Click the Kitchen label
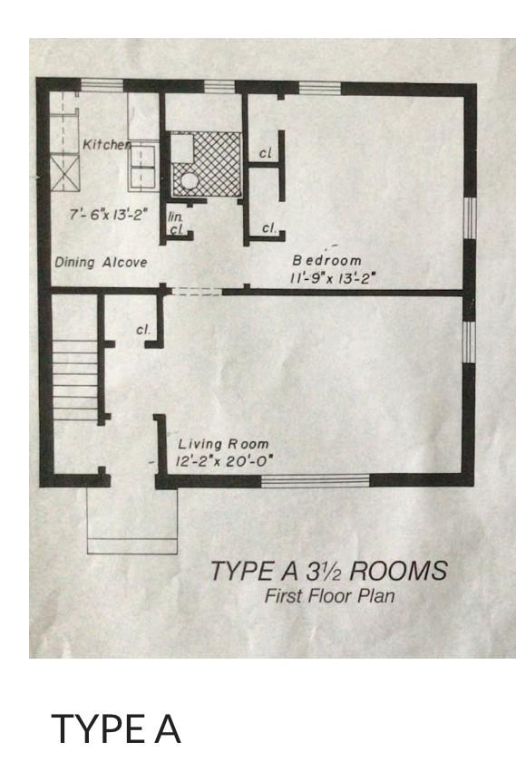pos(106,144)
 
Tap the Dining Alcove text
pos(101,262)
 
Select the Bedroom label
pos(326,260)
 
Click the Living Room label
pos(223,445)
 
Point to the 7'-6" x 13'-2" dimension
pos(109,215)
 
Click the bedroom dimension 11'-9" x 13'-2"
pos(333,278)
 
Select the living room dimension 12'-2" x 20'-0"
pos(224,462)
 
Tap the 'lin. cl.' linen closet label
pos(176,223)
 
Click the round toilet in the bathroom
pos(188,181)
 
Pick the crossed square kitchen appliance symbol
pos(65,172)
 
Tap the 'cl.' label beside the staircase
pos(143,330)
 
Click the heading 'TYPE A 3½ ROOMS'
pos(329,571)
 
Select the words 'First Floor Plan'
pos(329,596)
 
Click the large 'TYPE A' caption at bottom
pos(116,728)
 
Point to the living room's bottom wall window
pos(315,481)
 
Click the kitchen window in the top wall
pos(102,85)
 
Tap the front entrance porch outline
pos(132,521)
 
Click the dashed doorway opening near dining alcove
pos(197,292)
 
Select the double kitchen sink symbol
pos(143,166)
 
